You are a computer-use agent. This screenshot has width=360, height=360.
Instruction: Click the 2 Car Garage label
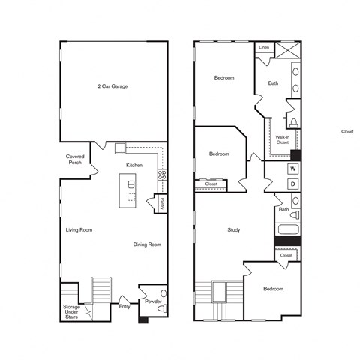tap(113, 86)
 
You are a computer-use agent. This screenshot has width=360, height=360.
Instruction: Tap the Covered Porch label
tap(75, 159)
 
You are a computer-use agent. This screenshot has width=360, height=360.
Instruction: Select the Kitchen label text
tap(134, 165)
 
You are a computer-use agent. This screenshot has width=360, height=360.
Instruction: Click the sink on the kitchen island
tap(131, 184)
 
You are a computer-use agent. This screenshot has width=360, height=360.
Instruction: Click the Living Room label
tap(79, 229)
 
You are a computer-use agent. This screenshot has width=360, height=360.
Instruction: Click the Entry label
tap(124, 305)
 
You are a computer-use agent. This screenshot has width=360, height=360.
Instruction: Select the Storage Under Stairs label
tap(72, 310)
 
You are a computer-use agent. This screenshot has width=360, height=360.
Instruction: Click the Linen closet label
tap(264, 48)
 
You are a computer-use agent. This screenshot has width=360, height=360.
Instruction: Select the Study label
tap(234, 229)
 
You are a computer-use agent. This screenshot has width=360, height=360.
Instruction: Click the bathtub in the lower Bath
tap(289, 229)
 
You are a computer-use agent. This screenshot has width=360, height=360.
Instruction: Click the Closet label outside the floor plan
tap(347, 131)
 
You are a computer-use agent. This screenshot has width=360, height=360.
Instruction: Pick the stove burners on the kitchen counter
tap(161, 178)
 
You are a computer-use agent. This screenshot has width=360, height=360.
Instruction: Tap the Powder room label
tap(153, 301)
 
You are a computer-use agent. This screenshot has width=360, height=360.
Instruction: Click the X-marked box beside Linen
tap(286, 50)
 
